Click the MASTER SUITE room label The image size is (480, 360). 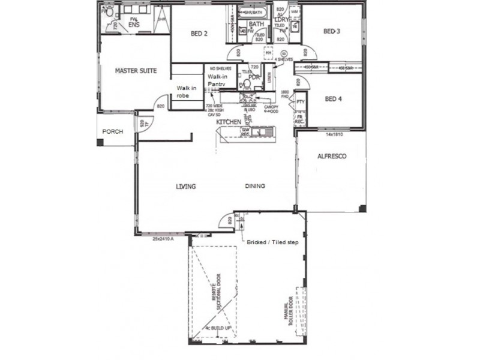point(136,71)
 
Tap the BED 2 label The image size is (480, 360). point(199,34)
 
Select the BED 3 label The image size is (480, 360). point(332,31)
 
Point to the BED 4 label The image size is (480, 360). point(333,99)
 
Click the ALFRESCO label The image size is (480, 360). point(331,156)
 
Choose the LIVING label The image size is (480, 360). point(185,187)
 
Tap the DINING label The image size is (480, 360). point(255,187)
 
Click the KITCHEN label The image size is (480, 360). point(229,122)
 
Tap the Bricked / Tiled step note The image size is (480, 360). point(273,242)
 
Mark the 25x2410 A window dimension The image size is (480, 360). point(158,239)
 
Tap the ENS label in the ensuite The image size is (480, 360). point(134,25)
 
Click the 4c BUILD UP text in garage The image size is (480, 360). point(220,328)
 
